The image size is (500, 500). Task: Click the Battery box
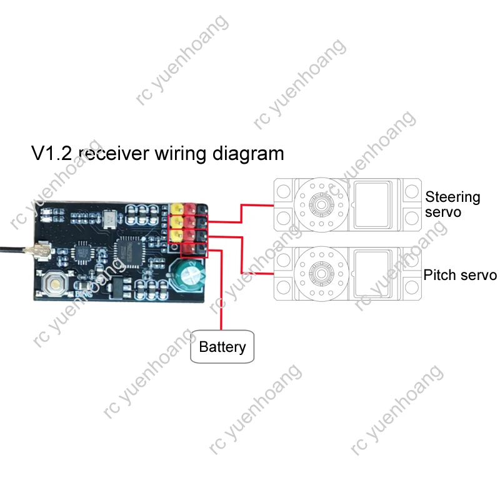pyautogui.click(x=222, y=346)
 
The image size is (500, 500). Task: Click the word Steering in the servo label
pyautogui.click(x=452, y=197)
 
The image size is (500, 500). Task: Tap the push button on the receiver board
pyautogui.click(x=55, y=284)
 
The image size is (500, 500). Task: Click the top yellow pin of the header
pyautogui.click(x=176, y=208)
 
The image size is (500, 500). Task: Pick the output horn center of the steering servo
pyautogui.click(x=323, y=204)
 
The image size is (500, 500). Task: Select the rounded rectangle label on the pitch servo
pyautogui.click(x=376, y=269)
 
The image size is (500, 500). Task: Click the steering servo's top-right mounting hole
pyautogui.click(x=411, y=187)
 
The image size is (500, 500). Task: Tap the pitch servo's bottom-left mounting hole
pyautogui.click(x=284, y=287)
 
